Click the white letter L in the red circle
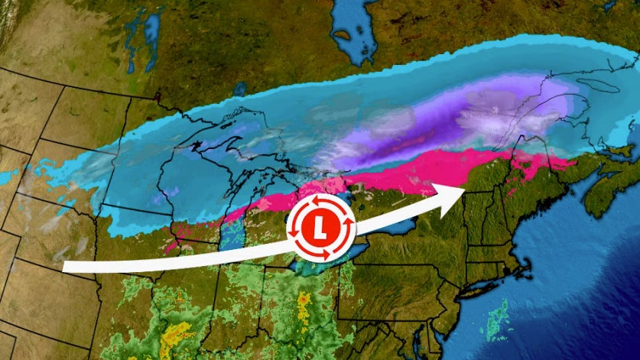[320, 227]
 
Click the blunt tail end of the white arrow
[66, 267]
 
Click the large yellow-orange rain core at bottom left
[177, 332]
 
